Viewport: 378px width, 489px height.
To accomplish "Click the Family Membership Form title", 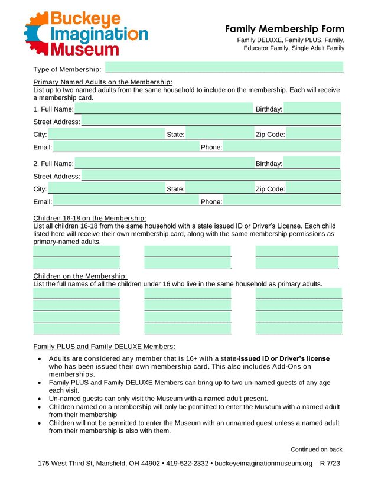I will coord(284,29).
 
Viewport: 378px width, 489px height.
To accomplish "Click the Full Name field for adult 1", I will coord(164,109).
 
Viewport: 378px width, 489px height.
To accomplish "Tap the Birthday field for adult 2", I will coord(312,163).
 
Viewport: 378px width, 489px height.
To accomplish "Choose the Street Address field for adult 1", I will coord(211,122).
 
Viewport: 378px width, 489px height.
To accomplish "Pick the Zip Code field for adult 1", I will coord(314,135).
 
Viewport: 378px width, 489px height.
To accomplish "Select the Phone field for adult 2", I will coord(282,202).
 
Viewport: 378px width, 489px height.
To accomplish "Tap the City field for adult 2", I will coord(105,189).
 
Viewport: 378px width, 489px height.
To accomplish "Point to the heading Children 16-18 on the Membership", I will coord(90,218).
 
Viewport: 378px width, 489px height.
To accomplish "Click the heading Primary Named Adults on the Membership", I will coord(103,82).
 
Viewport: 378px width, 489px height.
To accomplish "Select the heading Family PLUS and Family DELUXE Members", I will coord(105,346).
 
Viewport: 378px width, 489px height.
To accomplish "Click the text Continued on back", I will coord(316,449).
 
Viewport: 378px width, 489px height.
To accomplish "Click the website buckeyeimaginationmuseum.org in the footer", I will coord(263,463).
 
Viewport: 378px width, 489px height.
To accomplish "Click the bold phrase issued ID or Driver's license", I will coord(284,359).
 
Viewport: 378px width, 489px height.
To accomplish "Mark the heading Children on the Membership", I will coord(80,276).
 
